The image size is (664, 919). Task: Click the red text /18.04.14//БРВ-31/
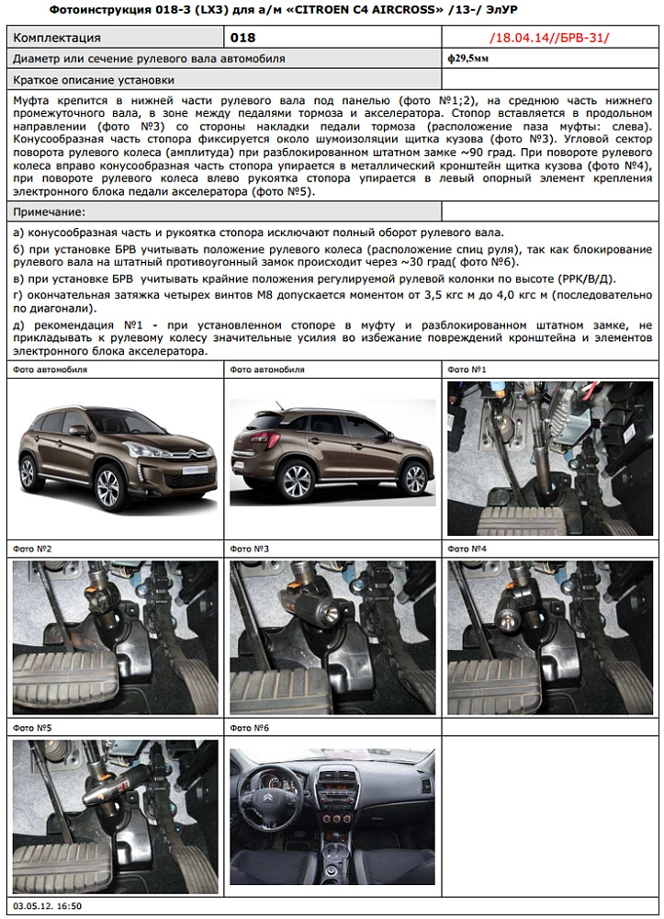click(549, 38)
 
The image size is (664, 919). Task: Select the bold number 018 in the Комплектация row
click(242, 38)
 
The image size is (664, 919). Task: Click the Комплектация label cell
click(56, 38)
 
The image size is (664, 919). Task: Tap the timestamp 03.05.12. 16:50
click(47, 906)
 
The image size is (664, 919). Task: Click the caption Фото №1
click(466, 369)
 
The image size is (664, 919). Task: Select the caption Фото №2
click(32, 549)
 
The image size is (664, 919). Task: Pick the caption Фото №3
click(249, 549)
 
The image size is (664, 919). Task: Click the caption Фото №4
click(466, 549)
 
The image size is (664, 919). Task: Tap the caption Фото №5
click(32, 728)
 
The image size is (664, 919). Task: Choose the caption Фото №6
click(249, 728)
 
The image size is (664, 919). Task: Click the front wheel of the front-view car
click(109, 491)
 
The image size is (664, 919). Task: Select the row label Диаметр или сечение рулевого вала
click(148, 58)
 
